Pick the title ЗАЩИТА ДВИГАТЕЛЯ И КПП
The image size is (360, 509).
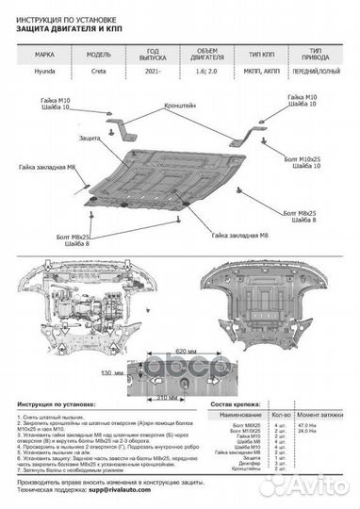tap(72, 29)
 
